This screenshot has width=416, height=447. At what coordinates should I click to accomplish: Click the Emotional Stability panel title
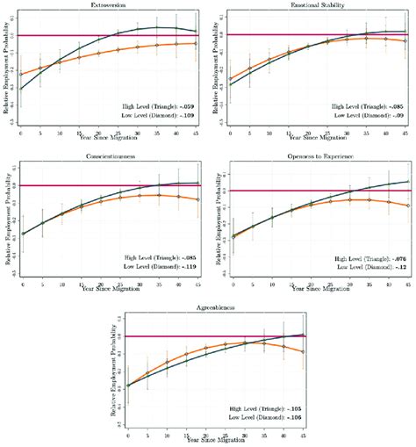pos(317,5)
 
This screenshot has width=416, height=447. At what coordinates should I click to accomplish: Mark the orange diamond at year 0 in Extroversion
pos(20,76)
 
